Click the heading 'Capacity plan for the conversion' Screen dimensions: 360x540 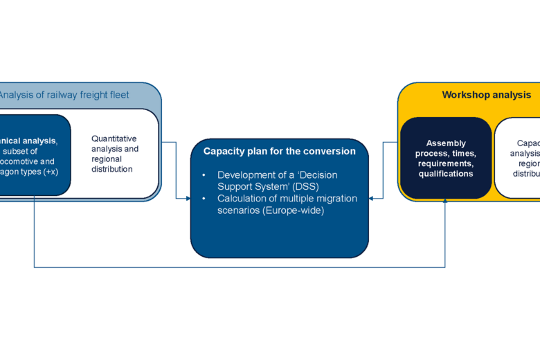click(279, 151)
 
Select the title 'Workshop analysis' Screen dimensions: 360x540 click(487, 95)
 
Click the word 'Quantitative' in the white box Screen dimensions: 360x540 click(114, 138)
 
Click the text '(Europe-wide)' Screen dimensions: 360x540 click(295, 210)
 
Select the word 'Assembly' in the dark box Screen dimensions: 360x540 click(446, 143)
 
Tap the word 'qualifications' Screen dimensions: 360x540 click(446, 174)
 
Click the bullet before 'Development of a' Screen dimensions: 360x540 click(204, 176)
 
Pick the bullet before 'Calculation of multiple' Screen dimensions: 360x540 click(204, 199)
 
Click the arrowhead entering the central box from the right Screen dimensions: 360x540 click(372, 199)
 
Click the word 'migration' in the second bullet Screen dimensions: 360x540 click(336, 199)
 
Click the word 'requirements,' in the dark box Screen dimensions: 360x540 click(446, 163)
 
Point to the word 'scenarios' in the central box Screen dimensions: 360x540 click(240, 210)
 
